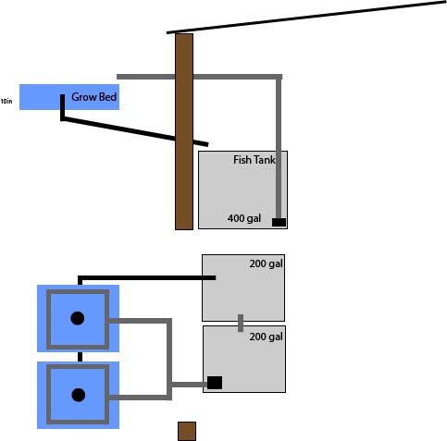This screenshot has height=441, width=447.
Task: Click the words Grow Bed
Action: [x=94, y=96]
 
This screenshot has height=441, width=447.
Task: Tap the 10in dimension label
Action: [x=6, y=100]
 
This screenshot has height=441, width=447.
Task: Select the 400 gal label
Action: [x=244, y=219]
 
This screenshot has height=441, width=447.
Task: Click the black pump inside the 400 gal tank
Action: [x=279, y=222]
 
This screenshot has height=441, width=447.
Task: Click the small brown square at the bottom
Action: [x=187, y=432]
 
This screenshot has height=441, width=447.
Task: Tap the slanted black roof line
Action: [x=305, y=18]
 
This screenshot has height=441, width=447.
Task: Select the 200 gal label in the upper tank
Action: [x=266, y=264]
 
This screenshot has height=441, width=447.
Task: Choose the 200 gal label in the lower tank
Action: [x=266, y=337]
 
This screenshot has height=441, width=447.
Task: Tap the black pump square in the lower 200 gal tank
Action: [x=215, y=383]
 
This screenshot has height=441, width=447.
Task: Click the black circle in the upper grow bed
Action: [x=78, y=318]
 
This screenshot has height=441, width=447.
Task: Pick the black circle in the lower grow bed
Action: [x=78, y=395]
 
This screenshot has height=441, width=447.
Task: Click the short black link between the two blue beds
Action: [x=80, y=356]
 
